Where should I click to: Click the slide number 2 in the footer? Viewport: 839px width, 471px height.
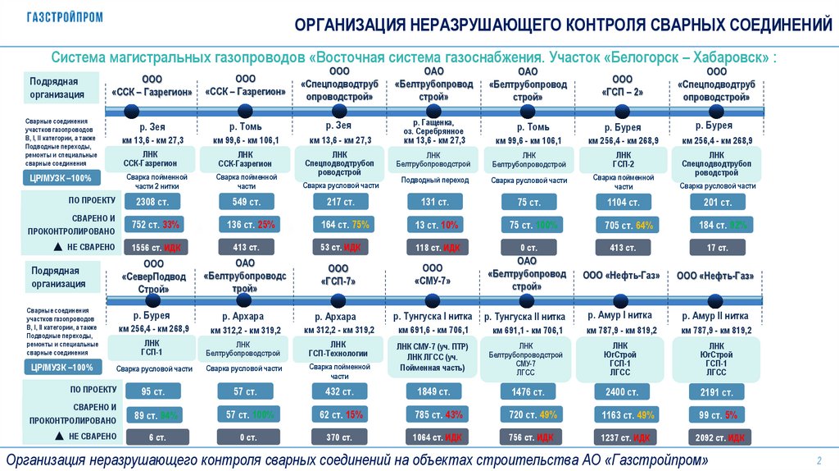click(x=819, y=458)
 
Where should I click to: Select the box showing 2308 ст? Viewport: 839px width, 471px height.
click(x=152, y=202)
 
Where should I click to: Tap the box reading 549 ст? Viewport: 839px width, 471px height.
click(x=245, y=202)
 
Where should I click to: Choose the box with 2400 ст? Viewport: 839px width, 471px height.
click(x=621, y=391)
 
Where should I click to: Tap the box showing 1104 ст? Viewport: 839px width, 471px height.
click(x=621, y=202)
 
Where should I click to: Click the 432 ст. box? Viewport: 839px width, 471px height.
click(x=338, y=391)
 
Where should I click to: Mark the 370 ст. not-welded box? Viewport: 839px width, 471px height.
click(x=338, y=437)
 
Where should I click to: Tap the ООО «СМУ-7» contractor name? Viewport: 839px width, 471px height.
click(x=433, y=275)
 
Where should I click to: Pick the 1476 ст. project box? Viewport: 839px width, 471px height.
click(x=527, y=391)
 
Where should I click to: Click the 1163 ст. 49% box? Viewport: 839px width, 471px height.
click(x=621, y=414)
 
